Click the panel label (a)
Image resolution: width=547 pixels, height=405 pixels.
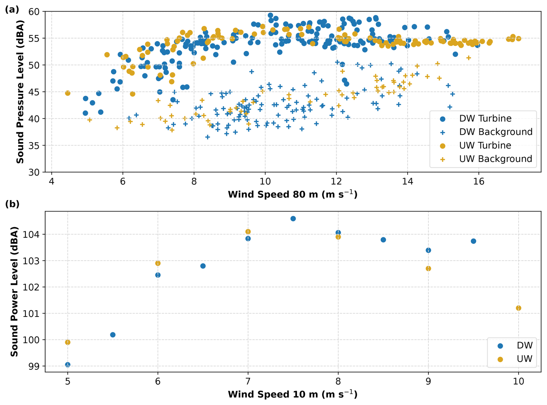[12, 9]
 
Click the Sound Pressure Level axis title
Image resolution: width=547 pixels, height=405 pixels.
[20, 92]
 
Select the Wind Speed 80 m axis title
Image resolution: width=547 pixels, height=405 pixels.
[293, 194]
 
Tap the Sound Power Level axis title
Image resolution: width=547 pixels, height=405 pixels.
[14, 292]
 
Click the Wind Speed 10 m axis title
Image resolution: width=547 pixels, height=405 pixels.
[293, 394]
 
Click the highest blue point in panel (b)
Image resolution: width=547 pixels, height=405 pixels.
[293, 219]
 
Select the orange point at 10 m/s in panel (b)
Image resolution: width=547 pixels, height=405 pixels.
[518, 308]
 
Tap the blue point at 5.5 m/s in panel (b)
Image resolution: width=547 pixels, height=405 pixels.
[113, 335]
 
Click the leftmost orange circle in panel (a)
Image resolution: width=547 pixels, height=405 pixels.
[67, 93]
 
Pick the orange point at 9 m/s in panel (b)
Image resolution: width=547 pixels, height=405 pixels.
[428, 269]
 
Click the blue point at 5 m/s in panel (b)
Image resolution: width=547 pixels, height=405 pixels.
[67, 365]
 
